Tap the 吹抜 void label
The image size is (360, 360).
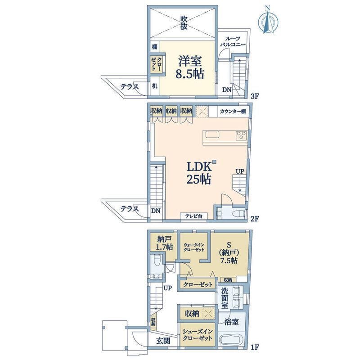(x=184, y=22)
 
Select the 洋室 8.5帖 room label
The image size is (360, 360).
(x=189, y=67)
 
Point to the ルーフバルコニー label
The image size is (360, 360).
(x=232, y=42)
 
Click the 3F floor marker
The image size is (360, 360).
(x=255, y=96)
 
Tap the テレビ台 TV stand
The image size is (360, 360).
(x=193, y=216)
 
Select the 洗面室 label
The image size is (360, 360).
(x=225, y=297)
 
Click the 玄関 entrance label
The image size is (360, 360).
(x=163, y=341)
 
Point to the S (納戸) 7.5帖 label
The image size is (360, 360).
(x=229, y=252)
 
